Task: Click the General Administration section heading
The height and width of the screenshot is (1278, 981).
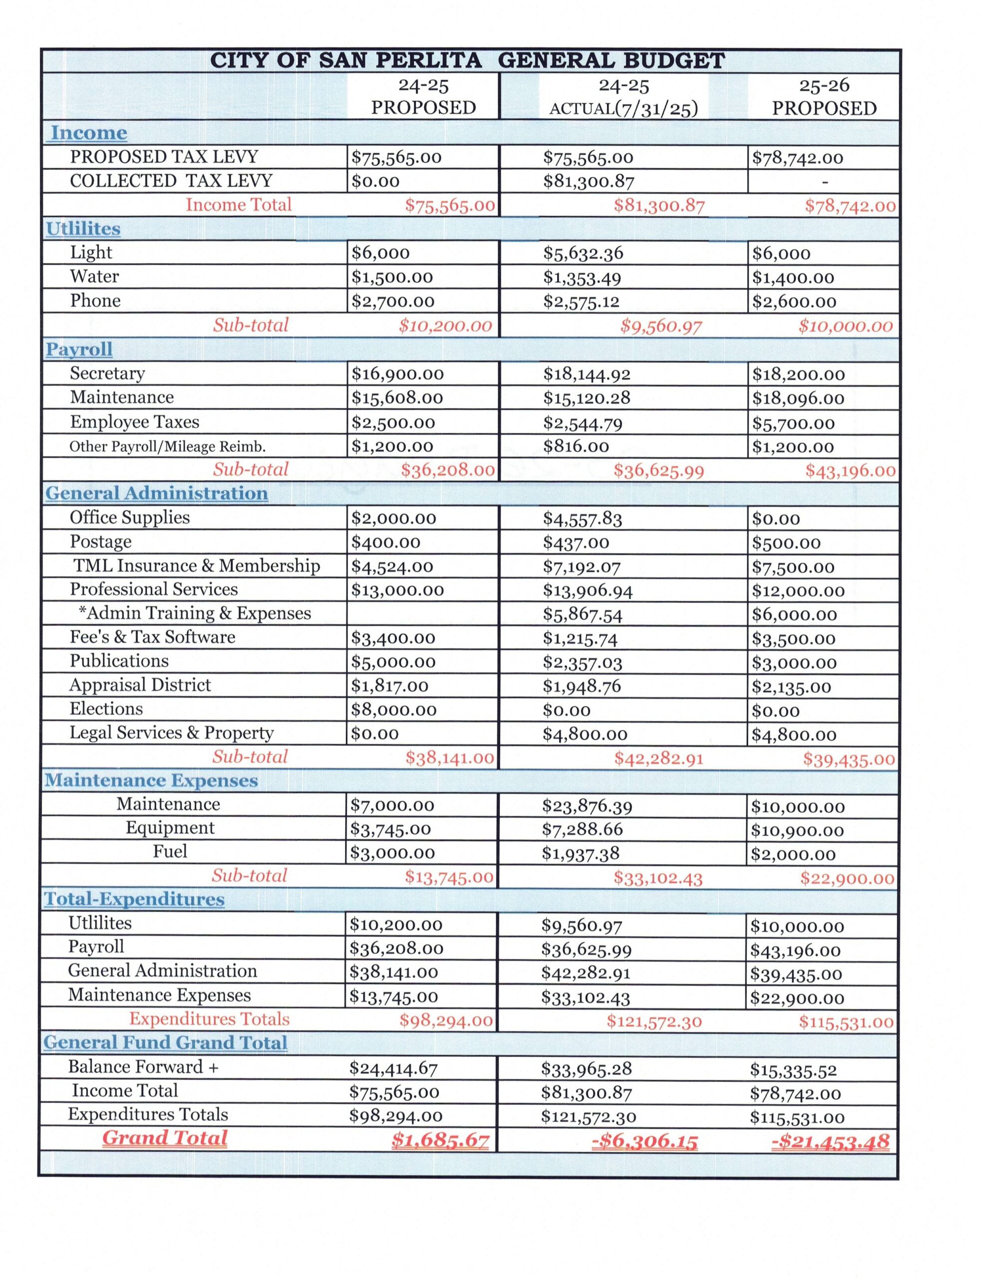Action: (x=156, y=493)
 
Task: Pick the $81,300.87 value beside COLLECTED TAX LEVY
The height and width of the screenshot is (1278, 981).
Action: (x=588, y=182)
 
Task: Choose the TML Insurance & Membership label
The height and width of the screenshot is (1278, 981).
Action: (x=196, y=565)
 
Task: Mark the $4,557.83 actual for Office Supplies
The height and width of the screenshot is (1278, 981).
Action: (x=582, y=519)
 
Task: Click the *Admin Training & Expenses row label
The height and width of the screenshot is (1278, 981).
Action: (x=194, y=613)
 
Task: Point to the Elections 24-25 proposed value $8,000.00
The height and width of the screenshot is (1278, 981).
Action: (x=393, y=709)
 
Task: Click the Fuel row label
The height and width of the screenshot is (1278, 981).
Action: (x=170, y=851)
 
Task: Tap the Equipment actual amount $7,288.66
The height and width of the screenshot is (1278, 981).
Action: (x=582, y=829)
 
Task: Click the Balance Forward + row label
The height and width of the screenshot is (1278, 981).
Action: (x=143, y=1067)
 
